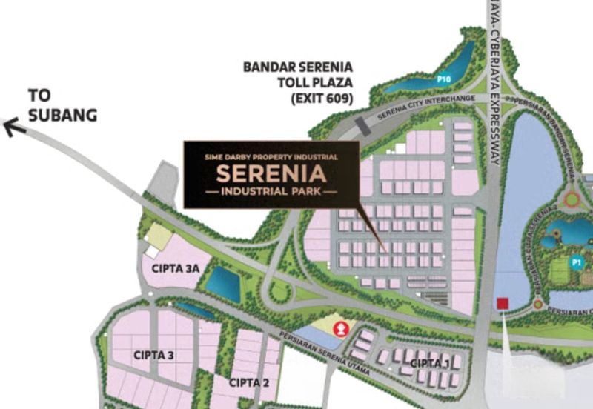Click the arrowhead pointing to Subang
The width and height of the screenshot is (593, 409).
(10, 127)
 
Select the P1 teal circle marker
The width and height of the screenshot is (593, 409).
(577, 262)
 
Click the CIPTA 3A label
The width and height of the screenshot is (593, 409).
(176, 269)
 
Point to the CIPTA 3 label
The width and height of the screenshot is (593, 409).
(154, 356)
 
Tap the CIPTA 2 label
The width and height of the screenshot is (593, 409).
(248, 382)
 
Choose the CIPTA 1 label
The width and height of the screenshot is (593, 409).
(430, 362)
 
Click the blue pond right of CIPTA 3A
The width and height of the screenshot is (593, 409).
(222, 282)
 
